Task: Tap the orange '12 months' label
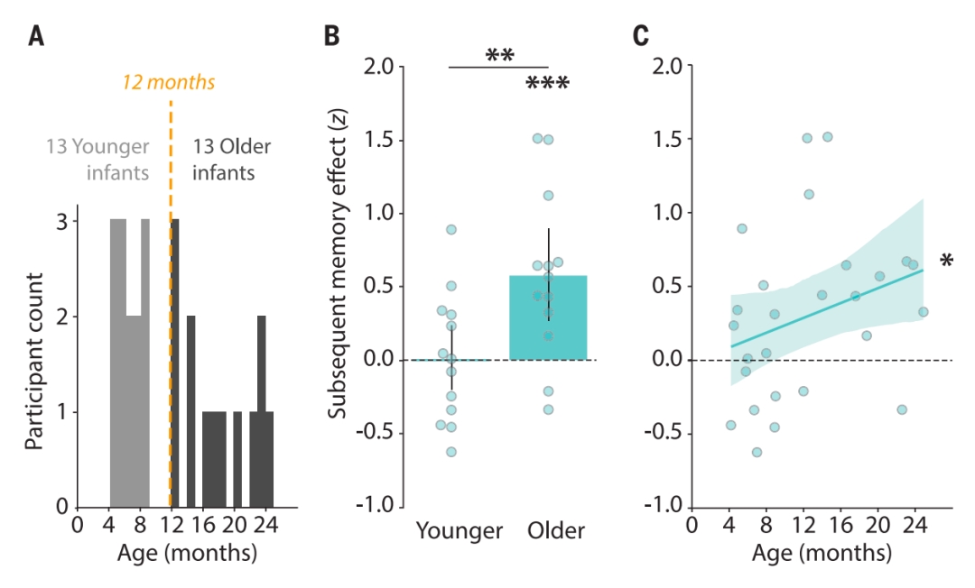[x=170, y=82]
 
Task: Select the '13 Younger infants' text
[x=97, y=158]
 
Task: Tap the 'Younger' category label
[x=459, y=531]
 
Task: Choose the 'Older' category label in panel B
[x=556, y=531]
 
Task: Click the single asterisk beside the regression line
[x=946, y=262]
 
